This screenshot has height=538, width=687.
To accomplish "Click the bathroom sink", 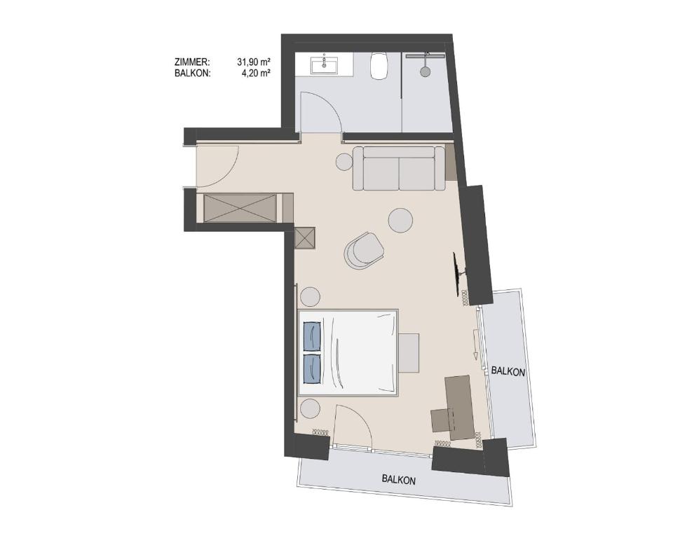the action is pos(324,66).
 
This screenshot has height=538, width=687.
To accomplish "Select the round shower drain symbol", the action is pos(425,71).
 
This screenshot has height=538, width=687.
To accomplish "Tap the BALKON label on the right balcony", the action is pos(508,372).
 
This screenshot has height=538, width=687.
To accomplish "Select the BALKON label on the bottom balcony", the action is pos(399,479).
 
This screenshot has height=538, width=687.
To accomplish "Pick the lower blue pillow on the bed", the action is pos(311,368).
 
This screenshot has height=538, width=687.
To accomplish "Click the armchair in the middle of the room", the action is pos(363,249).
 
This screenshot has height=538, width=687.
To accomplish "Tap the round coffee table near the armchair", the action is pos(401,220).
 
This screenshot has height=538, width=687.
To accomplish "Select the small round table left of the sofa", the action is pos(344,162).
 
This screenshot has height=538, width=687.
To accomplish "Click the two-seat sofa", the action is pos(399,169).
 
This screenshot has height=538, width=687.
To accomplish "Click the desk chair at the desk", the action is pos(443,420).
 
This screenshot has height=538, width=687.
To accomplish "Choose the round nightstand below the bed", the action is pos(310,410).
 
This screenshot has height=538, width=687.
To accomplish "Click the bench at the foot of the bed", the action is pos(409,353).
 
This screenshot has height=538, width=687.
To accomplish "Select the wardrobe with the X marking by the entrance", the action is pos(240,208).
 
